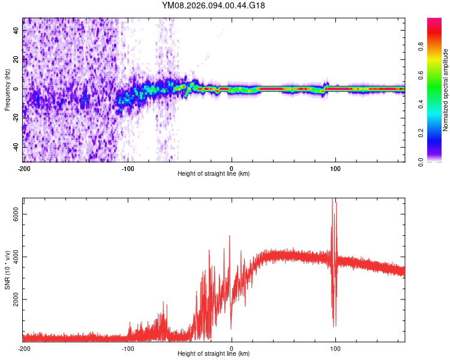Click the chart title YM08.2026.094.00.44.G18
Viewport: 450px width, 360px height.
[214, 5]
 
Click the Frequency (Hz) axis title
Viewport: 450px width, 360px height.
[7, 89]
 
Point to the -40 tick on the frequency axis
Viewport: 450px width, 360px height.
[17, 146]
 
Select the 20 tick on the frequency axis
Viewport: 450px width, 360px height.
[17, 59]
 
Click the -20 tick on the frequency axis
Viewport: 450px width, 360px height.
[17, 117]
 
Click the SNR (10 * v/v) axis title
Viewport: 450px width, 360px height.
[7, 269]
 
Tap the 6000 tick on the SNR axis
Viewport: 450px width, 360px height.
[17, 214]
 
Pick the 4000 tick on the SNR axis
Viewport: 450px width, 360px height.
[17, 256]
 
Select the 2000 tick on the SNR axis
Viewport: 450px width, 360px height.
[17, 299]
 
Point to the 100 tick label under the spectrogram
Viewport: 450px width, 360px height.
[335, 169]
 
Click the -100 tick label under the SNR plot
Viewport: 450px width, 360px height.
[127, 349]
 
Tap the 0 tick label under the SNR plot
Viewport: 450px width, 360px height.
[232, 349]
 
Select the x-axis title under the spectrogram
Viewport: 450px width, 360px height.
[214, 174]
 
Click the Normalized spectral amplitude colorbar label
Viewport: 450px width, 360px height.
[446, 89]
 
